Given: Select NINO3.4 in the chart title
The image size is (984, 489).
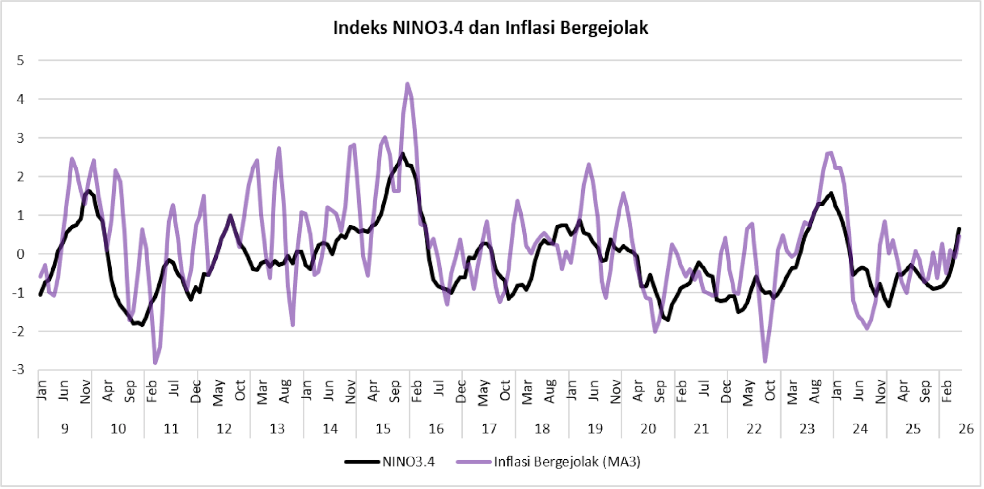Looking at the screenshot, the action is click(x=428, y=27).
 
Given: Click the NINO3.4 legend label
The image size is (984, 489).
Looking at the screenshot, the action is click(x=408, y=462).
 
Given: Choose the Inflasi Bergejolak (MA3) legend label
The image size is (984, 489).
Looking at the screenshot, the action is click(x=567, y=462).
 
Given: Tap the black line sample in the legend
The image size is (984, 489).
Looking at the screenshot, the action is click(x=362, y=462).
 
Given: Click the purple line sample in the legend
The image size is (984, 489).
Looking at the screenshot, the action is click(x=474, y=462).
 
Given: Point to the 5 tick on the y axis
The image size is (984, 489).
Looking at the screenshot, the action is click(x=20, y=61).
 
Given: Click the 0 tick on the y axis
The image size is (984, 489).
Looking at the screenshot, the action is click(x=20, y=254).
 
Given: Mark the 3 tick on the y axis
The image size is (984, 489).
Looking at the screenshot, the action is click(x=20, y=138).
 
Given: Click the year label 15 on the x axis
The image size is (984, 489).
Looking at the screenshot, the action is click(x=383, y=428).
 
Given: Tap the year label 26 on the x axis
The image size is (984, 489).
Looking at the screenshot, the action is click(x=967, y=428).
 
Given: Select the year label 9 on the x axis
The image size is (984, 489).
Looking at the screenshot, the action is click(x=65, y=428).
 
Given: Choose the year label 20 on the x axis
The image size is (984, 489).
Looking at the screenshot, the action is click(x=648, y=428).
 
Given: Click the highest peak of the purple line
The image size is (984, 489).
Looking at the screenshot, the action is click(x=407, y=83).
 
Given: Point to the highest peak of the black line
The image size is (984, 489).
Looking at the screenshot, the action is click(x=403, y=153).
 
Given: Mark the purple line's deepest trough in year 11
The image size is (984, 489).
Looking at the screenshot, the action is click(x=155, y=363).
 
